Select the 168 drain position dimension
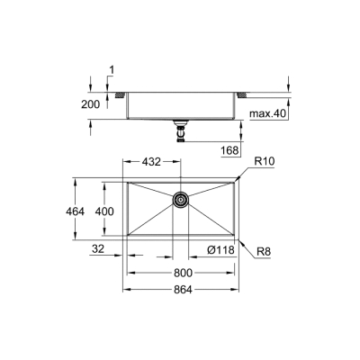click(x=230, y=150)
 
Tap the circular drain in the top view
click(x=181, y=200)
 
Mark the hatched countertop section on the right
click(x=245, y=94)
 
